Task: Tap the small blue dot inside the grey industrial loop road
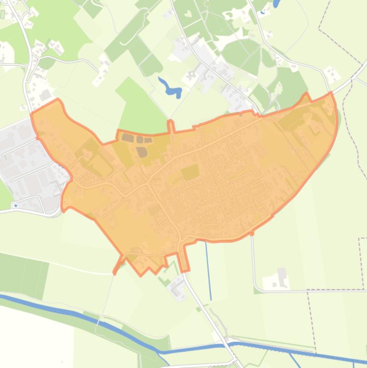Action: coord(15,206)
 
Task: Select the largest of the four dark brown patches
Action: coord(142,152)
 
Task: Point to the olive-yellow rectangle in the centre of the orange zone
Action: coord(190,172)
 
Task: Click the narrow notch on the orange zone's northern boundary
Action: coord(170,126)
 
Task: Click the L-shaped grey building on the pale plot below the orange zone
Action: coord(178,287)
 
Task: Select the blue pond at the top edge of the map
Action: coord(276,3)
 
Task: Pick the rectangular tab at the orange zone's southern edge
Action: coord(183,258)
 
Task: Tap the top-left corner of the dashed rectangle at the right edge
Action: coord(359,238)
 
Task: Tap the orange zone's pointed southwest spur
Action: coord(115,273)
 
